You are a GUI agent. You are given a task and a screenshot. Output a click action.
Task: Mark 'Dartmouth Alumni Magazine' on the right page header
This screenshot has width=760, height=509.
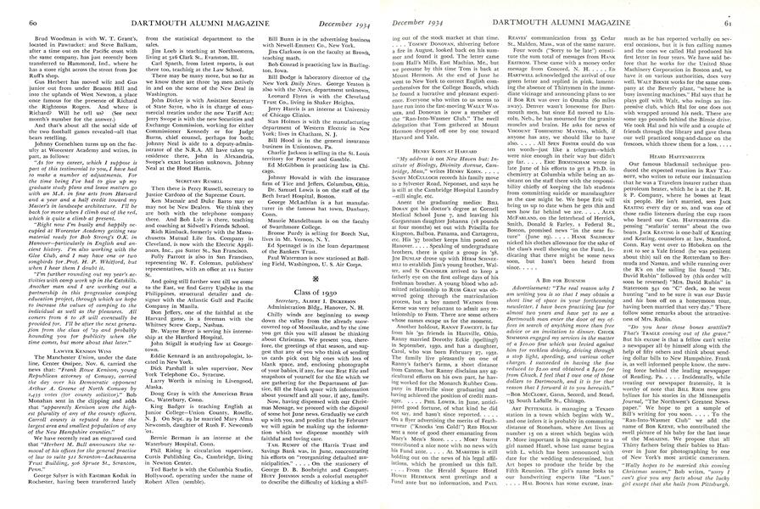tap(581, 7)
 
